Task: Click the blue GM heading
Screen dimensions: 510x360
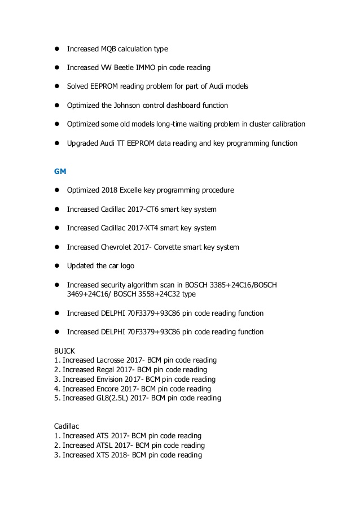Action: point(59,171)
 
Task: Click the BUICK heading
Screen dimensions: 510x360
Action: point(64,351)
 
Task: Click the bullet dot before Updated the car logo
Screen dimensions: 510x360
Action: point(57,266)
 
